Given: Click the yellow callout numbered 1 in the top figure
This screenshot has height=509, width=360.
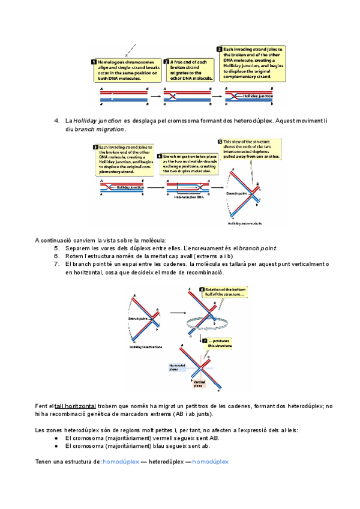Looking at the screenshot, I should (126, 70).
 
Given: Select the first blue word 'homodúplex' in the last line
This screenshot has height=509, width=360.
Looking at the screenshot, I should (121, 462).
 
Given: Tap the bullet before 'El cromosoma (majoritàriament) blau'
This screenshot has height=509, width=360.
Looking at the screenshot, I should (56, 447).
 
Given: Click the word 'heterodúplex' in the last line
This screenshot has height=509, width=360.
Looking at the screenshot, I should (167, 462).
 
